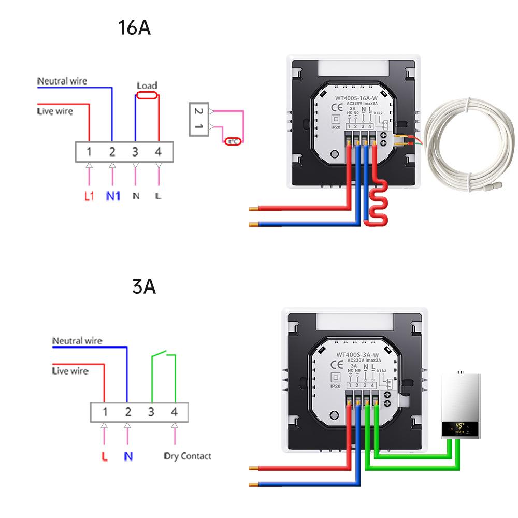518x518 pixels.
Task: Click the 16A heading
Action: [x=134, y=28]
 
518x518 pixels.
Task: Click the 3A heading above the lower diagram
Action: [x=143, y=286]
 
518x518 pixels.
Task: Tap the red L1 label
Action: [x=89, y=197]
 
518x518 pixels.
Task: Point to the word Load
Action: [x=147, y=85]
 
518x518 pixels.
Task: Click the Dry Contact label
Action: [x=188, y=456]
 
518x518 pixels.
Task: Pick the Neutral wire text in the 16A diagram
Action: [x=62, y=81]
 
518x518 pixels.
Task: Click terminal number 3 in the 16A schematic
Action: [x=135, y=152]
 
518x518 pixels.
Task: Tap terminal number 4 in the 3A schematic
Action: [x=175, y=412]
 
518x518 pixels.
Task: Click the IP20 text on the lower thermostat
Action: [x=335, y=386]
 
